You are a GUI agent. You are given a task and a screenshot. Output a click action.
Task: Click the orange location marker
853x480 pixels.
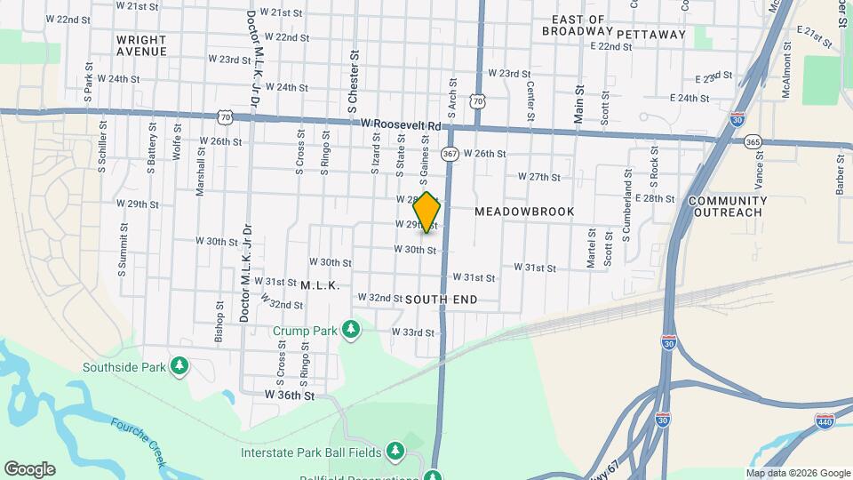[x=427, y=212]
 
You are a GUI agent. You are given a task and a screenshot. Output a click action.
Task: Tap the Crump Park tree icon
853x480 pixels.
[x=352, y=331]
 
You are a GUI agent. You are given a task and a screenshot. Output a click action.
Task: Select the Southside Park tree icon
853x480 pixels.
[x=179, y=366]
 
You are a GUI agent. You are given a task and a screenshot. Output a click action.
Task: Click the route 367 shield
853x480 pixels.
[x=450, y=154]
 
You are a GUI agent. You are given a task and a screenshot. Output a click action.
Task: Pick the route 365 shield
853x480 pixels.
[x=753, y=142]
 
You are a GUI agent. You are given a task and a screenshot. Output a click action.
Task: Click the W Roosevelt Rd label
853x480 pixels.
[x=395, y=125]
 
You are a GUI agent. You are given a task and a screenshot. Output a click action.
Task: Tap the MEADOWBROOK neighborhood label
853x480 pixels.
[x=524, y=212]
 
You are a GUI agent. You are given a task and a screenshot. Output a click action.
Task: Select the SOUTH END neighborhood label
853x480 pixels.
[x=441, y=300]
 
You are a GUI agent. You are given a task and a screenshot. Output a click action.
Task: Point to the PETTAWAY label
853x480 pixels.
[x=651, y=35]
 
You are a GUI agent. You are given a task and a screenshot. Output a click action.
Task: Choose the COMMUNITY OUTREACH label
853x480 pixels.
[x=727, y=206]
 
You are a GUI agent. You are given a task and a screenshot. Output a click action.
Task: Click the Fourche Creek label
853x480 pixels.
[x=138, y=441]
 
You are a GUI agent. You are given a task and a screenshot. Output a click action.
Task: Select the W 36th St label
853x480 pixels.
[x=290, y=393]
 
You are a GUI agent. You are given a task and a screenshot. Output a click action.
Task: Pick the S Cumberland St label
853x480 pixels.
[x=626, y=218]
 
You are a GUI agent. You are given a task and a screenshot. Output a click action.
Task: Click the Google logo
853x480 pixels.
[x=29, y=468]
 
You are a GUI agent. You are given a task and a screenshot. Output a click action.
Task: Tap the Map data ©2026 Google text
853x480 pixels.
[x=797, y=473]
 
